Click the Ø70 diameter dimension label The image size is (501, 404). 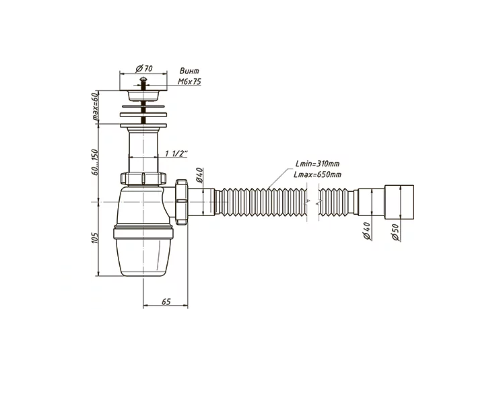click(x=144, y=69)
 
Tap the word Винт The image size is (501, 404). click(x=189, y=71)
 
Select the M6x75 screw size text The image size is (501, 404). click(x=189, y=81)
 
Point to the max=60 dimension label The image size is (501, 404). click(x=96, y=107)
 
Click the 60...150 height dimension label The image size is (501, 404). click(x=95, y=162)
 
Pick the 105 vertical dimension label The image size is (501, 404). click(x=95, y=238)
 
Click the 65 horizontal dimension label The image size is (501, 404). click(x=166, y=302)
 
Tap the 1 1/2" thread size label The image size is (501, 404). click(x=176, y=154)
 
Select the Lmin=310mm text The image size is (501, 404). click(x=317, y=164)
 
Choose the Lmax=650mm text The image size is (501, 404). click(x=317, y=174)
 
